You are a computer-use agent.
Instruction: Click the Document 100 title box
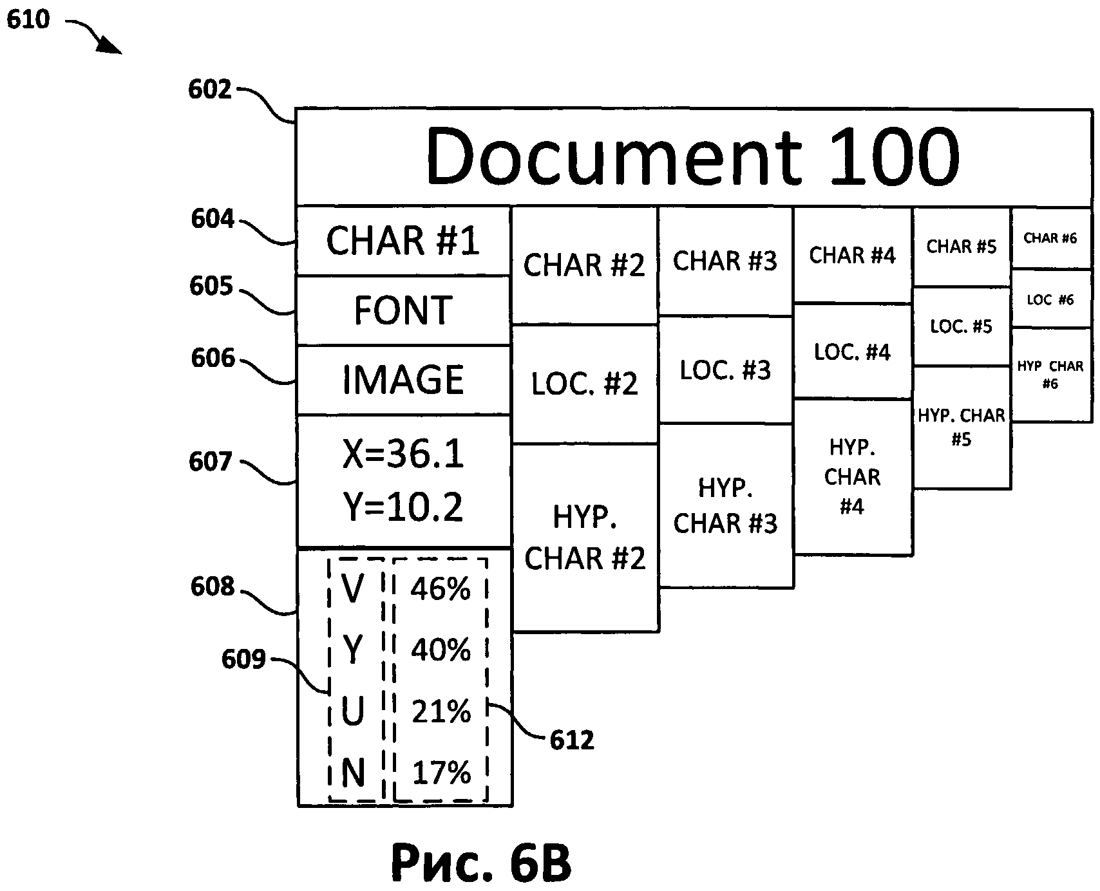tap(693, 156)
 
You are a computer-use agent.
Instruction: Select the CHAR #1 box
tap(403, 241)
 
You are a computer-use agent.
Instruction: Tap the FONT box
tap(403, 310)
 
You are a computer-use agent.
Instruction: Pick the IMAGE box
tap(403, 380)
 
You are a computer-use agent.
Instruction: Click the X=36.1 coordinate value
tap(403, 455)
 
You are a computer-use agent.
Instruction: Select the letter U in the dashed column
tap(352, 712)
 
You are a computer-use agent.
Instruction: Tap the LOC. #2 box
tap(584, 384)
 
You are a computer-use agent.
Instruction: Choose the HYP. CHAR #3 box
tap(725, 505)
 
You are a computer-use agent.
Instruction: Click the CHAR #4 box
tap(852, 255)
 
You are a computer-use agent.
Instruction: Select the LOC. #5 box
tap(961, 326)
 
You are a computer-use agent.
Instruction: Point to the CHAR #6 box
tap(1050, 238)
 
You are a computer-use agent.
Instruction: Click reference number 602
tap(209, 89)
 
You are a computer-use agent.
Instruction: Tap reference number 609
tap(243, 659)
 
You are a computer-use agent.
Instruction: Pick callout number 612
tap(572, 740)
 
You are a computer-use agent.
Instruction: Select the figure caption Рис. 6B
tap(480, 863)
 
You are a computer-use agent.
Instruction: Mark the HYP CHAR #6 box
tap(1050, 375)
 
